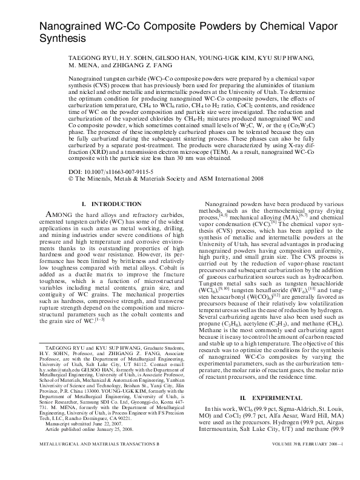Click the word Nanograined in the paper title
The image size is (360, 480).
coord(68,27)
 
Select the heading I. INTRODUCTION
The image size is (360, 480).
coord(103,205)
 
